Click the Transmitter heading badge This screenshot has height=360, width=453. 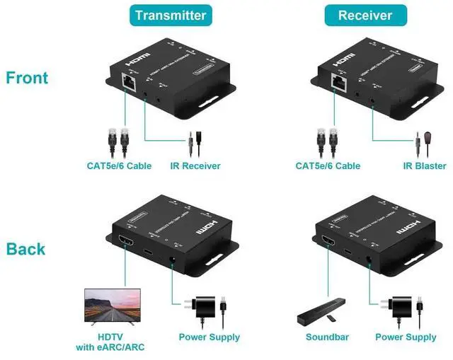(x=170, y=15)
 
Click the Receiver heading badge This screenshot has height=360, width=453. (x=365, y=15)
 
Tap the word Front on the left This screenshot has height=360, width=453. (x=27, y=78)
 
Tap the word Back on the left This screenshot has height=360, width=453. (x=25, y=249)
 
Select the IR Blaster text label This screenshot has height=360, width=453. (x=425, y=166)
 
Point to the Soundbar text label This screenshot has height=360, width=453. (x=327, y=337)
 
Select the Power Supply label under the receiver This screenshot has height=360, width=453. (x=406, y=337)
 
